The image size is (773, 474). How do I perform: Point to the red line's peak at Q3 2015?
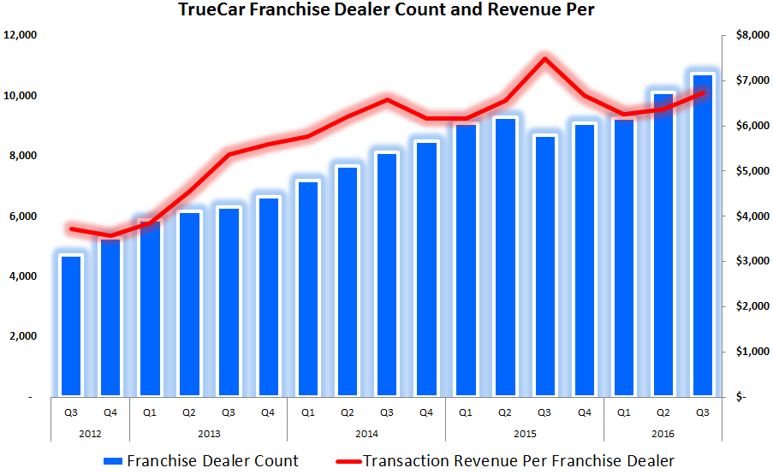point(544,59)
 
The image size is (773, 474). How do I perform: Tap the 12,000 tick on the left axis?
point(21,35)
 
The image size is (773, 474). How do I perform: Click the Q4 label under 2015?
point(584,412)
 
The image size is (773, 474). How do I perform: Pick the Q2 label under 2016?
point(663,412)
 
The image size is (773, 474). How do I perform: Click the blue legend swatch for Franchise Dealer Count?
point(111,461)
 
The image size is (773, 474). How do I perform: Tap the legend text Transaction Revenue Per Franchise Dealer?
point(519,461)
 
